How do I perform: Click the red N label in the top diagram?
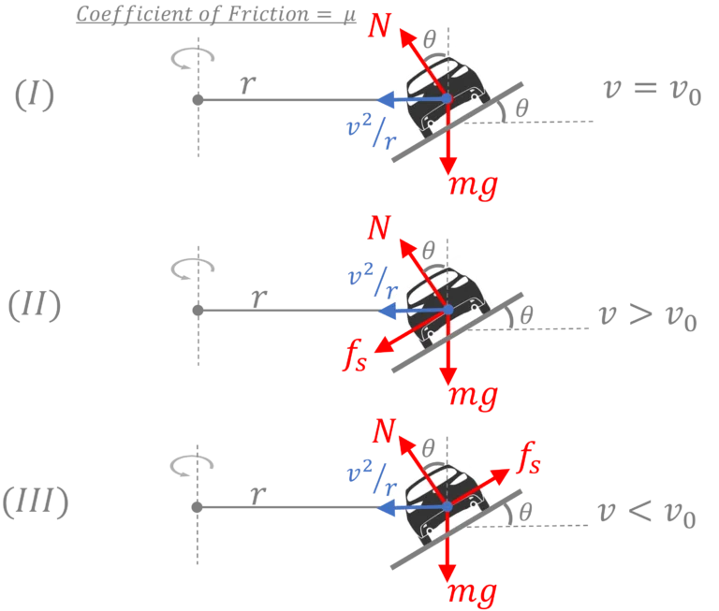tap(379, 25)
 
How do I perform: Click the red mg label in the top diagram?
tap(473, 184)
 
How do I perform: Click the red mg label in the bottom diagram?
tap(473, 590)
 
